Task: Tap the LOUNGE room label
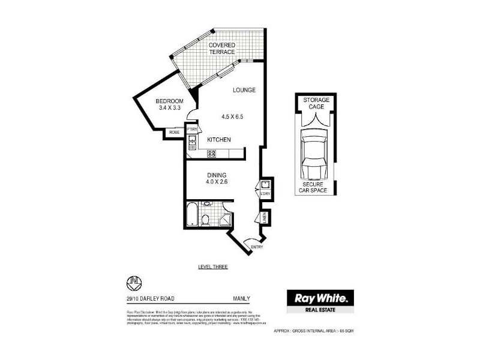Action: click(x=245, y=90)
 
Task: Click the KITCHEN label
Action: click(x=219, y=140)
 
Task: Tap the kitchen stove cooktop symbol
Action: click(x=212, y=154)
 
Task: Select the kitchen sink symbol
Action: click(x=193, y=143)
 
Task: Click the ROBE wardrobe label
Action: click(x=174, y=133)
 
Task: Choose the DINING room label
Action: click(x=217, y=175)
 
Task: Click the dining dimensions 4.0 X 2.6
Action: click(x=217, y=182)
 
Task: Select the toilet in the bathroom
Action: click(x=206, y=220)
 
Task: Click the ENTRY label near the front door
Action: click(x=256, y=247)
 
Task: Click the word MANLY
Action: click(x=241, y=298)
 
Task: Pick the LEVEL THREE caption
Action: click(x=213, y=266)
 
